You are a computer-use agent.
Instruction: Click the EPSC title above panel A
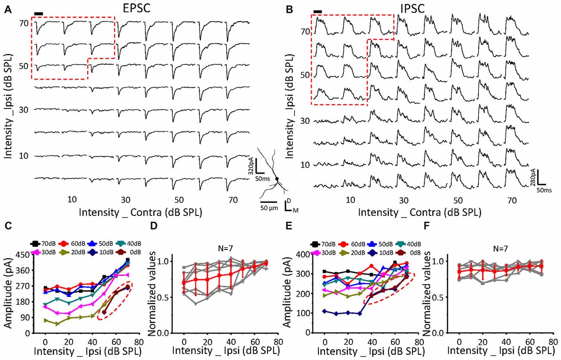coord(136,8)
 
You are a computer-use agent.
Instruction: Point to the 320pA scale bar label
coord(251,166)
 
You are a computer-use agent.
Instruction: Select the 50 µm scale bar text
coord(269,208)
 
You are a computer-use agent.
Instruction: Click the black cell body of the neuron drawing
coord(277,179)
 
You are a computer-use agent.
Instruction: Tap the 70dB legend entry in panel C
coord(43,243)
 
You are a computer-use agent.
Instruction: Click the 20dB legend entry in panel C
coord(72,252)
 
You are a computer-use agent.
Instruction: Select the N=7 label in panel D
coord(225,249)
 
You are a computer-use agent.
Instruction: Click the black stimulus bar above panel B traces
coord(318,12)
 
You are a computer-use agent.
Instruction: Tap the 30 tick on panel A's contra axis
coord(126,200)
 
